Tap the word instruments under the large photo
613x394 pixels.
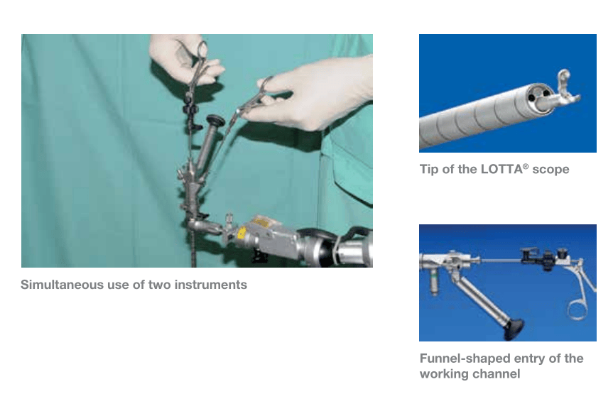coord(211,285)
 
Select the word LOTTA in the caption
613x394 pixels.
coord(501,169)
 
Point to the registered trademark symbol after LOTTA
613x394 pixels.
coord(526,166)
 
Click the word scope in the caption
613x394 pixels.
coord(550,170)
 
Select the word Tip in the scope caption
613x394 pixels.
coord(429,170)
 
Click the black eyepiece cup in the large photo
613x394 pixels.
coord(216,121)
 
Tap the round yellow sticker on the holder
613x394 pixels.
coord(242,233)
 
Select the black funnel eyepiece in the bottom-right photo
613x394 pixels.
coord(513,328)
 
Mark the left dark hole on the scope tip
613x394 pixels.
coord(532,97)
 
